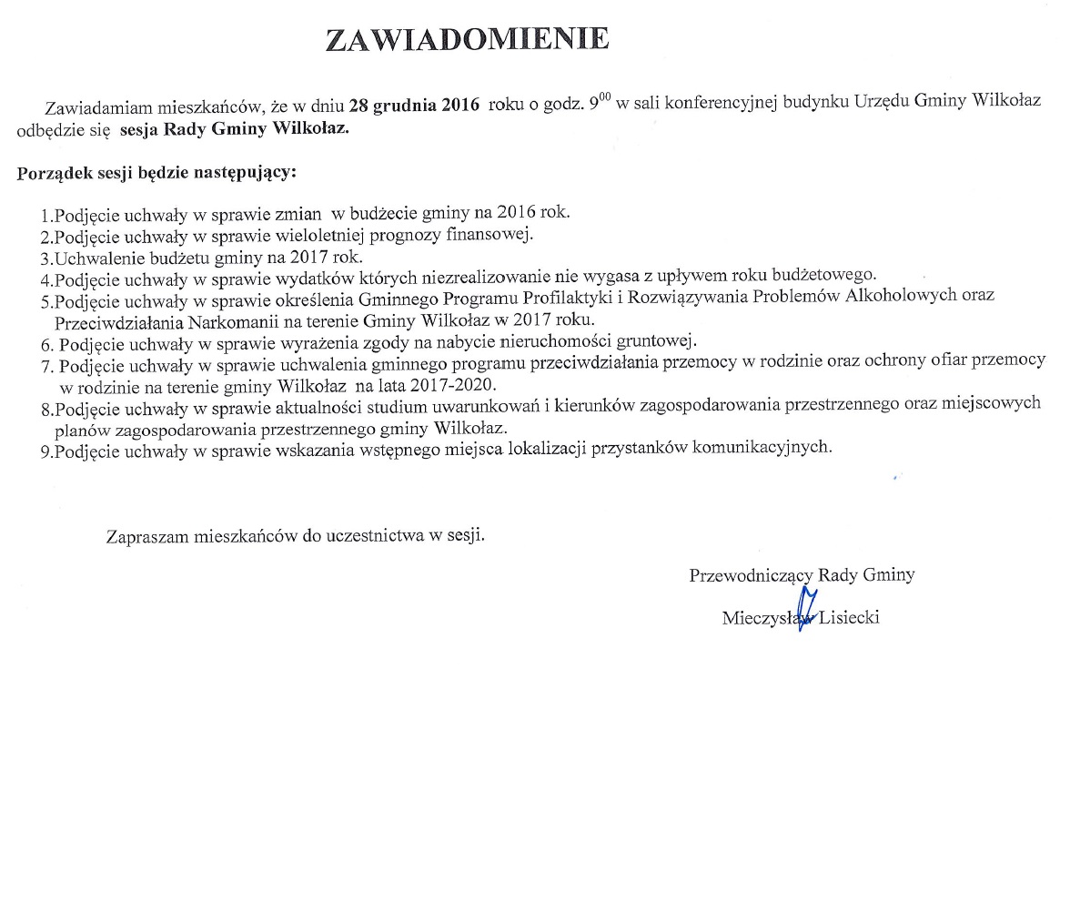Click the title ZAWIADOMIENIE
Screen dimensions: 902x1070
tap(467, 39)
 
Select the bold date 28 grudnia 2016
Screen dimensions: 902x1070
tap(414, 104)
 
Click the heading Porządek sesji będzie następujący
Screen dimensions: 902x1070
tap(157, 171)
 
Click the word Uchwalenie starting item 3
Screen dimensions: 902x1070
tap(99, 257)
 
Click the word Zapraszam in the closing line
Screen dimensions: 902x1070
tap(146, 536)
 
